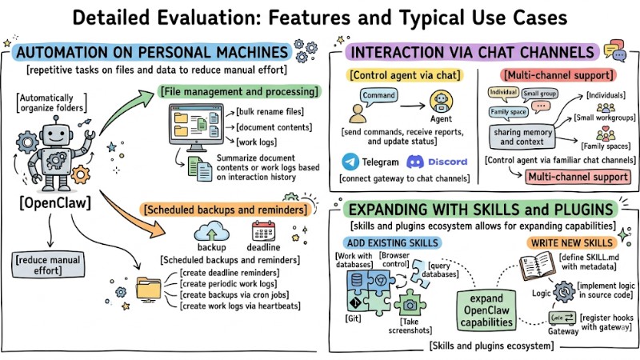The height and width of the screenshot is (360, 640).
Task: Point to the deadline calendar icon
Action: [263, 232]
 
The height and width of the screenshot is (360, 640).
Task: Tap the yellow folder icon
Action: [150, 288]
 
